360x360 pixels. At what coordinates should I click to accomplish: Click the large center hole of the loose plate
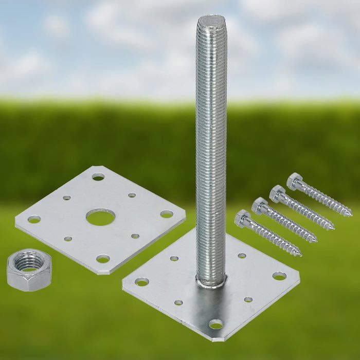[100, 217]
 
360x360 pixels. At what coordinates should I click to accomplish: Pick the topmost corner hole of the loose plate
[98, 177]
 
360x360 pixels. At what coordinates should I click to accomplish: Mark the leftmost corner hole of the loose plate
[34, 220]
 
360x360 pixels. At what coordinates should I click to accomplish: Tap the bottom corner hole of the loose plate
[103, 259]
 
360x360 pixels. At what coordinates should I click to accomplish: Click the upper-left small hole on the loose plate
[67, 197]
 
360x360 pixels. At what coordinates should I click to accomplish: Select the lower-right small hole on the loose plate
[135, 236]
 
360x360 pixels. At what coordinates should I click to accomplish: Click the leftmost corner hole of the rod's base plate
[142, 282]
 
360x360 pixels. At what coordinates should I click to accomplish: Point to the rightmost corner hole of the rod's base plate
[279, 276]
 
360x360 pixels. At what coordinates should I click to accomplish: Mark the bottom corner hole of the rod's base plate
[216, 325]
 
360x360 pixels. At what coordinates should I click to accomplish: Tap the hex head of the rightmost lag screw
[295, 181]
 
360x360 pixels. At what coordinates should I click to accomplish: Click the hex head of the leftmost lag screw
[242, 218]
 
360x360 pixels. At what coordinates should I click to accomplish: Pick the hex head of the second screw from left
[260, 206]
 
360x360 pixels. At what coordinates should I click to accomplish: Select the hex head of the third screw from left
[278, 193]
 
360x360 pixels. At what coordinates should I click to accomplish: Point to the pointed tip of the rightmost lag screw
[351, 215]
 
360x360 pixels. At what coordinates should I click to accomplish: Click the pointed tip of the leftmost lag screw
[300, 255]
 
